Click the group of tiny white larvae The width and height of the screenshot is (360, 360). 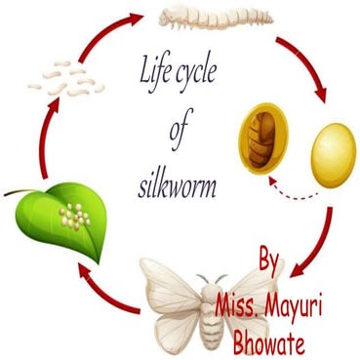pos(64,77)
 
